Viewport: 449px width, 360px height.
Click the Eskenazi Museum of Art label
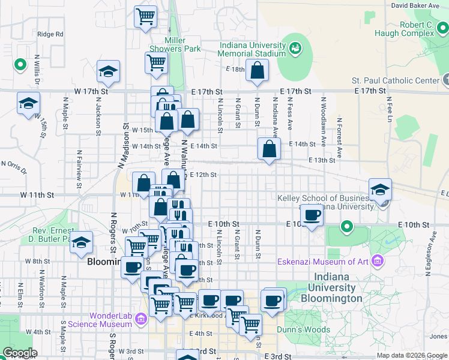coord(322,261)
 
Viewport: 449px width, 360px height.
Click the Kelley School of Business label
coord(323,198)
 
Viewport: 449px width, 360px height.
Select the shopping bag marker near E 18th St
coord(257,71)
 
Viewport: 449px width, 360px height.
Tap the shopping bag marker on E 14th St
coord(269,149)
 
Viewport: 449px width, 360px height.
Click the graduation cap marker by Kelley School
coord(380,190)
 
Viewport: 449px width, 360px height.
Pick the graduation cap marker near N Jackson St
coord(109,72)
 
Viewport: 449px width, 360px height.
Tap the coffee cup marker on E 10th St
coord(311,215)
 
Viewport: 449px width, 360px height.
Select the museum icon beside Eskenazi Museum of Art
coord(377,261)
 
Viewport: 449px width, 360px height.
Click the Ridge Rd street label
coord(50,34)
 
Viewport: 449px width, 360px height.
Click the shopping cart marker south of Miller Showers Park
coord(156,62)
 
